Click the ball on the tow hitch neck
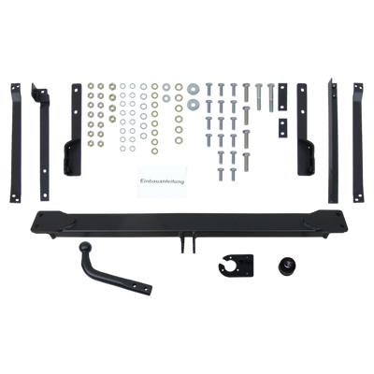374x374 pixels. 85,248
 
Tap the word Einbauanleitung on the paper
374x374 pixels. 162,181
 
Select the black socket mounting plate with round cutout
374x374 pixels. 236,266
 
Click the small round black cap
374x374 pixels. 286,266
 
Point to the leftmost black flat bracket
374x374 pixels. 15,143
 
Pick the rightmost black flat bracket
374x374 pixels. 358,143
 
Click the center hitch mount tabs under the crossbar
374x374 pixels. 187,241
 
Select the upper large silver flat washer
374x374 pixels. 194,90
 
